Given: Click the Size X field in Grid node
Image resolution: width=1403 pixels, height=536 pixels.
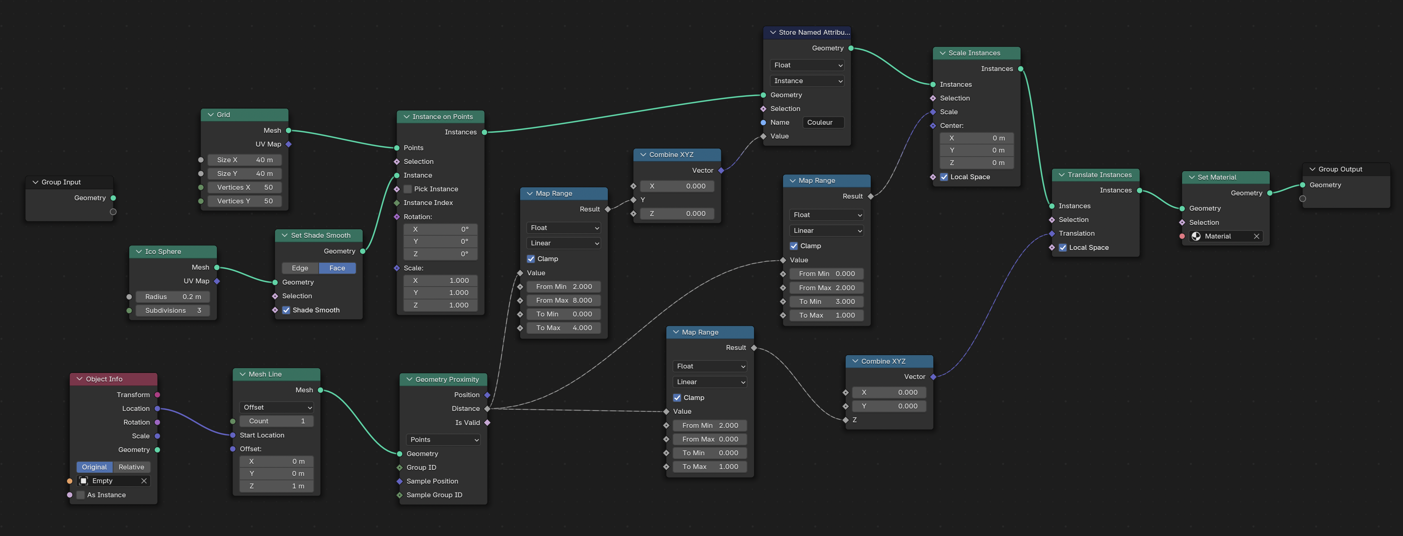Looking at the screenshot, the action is pos(245,160).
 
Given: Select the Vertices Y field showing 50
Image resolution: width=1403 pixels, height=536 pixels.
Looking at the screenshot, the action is pos(245,201).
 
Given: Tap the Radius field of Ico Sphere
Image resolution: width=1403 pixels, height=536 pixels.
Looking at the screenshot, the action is pos(173,297).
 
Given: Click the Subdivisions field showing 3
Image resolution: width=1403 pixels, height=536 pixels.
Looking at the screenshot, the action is pos(173,310).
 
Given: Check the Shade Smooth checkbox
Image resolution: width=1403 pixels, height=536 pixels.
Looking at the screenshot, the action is pos(286,310).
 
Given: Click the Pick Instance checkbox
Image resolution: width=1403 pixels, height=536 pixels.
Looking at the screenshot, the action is pos(407,189).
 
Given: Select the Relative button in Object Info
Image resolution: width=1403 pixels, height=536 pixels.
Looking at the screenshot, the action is pos(131,467).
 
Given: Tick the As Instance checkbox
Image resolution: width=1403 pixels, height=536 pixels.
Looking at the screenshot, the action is pos(81,495).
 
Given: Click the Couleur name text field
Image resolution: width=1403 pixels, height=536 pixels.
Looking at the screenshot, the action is pos(823,122).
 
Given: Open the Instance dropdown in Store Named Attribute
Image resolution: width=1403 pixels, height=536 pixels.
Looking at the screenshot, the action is pos(807,81).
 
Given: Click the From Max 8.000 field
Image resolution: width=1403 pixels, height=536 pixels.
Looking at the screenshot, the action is pos(564,300).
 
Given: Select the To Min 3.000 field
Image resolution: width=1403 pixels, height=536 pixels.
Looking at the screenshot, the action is pos(827,301).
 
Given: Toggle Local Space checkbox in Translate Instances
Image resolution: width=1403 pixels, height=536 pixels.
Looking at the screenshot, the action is pos(1063,247).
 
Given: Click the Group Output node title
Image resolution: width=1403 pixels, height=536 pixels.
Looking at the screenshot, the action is pos(1340,169).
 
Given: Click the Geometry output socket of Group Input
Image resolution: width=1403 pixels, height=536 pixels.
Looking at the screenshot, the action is pos(113,198).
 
